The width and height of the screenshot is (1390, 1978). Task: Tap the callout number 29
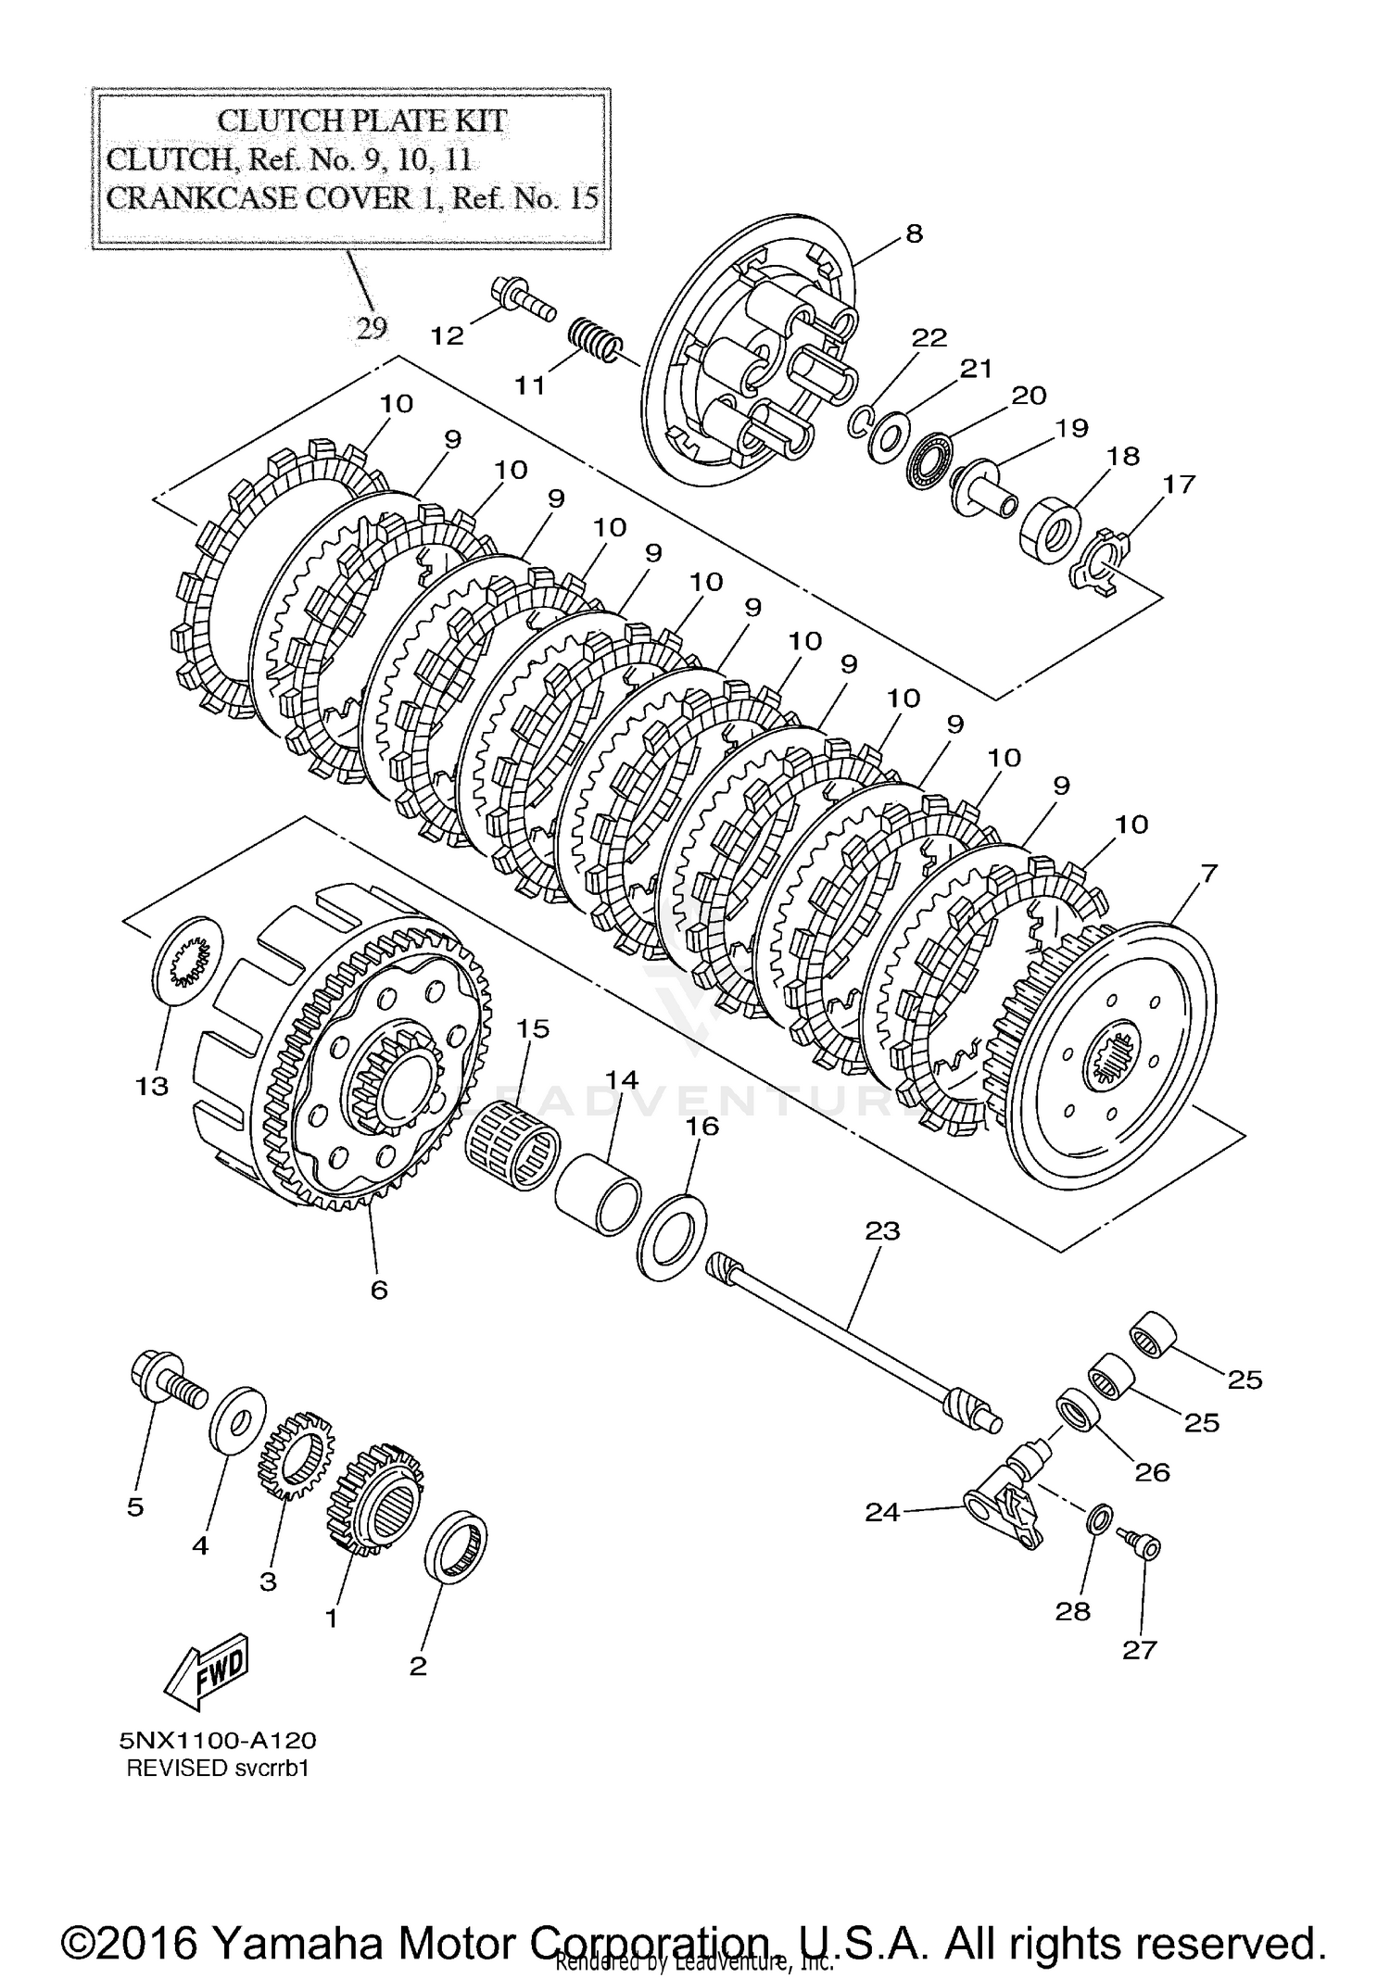[x=372, y=328]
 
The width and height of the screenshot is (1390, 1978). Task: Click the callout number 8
[x=914, y=233]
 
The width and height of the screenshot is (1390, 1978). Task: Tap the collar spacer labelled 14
[x=598, y=1192]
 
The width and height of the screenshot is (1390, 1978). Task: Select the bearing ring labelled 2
[x=455, y=1548]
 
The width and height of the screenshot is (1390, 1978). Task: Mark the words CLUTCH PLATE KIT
[x=361, y=120]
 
